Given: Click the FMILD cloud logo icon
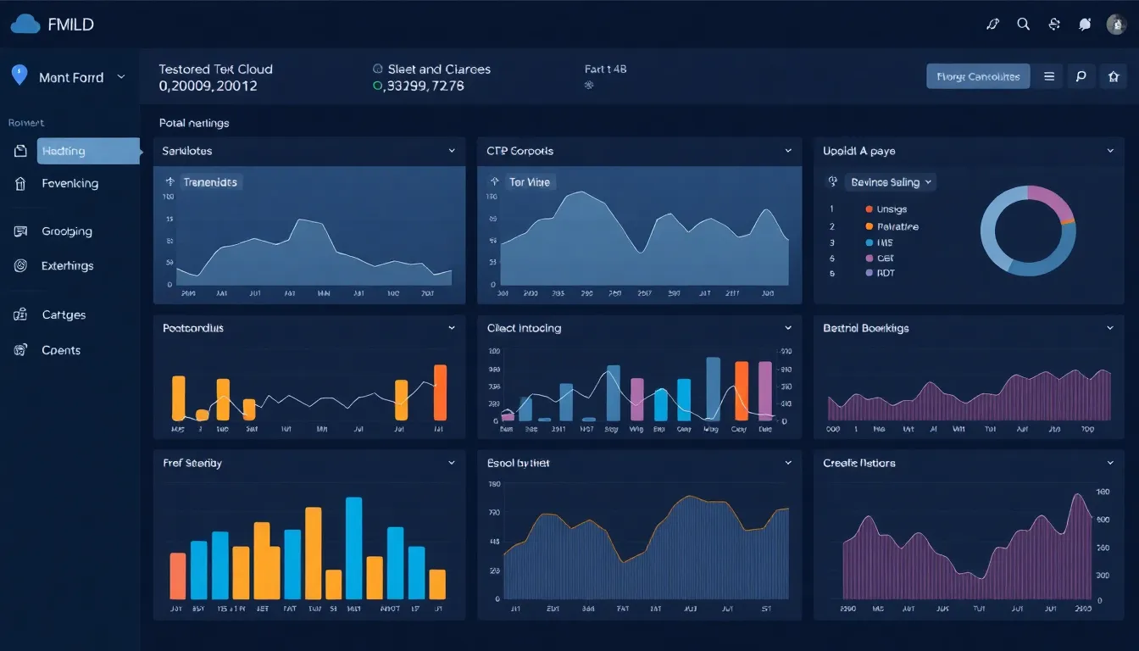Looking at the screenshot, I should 25,25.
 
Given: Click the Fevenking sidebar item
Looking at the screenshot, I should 69,183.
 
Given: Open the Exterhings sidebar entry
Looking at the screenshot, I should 67,265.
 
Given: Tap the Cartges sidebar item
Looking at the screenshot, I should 64,314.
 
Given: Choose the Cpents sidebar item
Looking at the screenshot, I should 61,350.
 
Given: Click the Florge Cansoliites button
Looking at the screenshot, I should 978,76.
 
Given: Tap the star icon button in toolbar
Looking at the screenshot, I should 1114,76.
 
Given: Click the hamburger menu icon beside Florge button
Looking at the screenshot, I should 1049,76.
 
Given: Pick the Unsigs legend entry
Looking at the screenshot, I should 890,209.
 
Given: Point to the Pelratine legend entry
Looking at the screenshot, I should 896,226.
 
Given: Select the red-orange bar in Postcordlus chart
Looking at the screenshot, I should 440,392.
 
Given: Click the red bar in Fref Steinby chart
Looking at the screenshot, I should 178,576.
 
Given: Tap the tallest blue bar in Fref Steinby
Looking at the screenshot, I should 354,548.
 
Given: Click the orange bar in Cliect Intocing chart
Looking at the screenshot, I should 742,391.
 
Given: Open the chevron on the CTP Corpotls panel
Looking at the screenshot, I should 788,151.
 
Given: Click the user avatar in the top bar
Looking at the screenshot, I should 1116,25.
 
